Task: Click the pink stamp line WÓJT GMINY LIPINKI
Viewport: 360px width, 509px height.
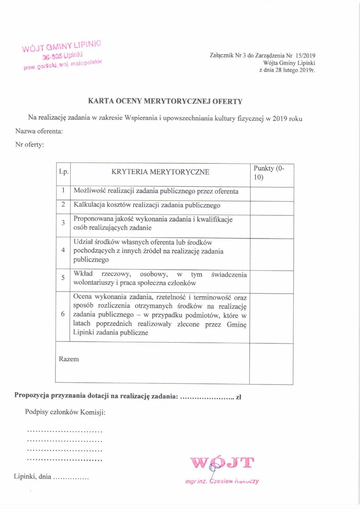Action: click(62, 46)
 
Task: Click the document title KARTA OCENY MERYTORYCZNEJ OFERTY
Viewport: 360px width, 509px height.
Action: click(165, 101)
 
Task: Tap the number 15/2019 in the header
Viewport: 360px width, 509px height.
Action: click(305, 56)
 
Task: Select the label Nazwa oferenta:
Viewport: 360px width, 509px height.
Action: click(39, 131)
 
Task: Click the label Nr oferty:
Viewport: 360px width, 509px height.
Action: click(30, 145)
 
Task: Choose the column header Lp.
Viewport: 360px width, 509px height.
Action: click(64, 172)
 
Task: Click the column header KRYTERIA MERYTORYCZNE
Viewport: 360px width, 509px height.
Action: click(160, 172)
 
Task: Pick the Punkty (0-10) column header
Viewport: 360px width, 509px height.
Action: click(269, 172)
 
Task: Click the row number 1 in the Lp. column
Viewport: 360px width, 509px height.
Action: click(63, 190)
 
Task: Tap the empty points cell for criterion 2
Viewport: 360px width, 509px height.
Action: click(272, 208)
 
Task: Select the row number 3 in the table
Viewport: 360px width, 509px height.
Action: click(63, 223)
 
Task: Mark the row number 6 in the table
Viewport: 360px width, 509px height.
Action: click(63, 314)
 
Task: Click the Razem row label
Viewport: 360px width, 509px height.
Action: click(69, 359)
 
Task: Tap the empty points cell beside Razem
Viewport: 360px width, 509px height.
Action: click(271, 364)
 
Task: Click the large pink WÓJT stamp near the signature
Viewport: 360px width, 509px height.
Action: click(222, 463)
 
